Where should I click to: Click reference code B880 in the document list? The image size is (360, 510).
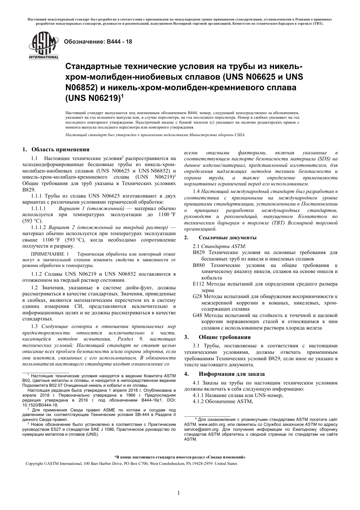[x=199, y=265]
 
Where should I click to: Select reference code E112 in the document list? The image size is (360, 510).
[x=199, y=284]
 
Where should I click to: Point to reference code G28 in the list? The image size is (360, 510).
[x=197, y=296]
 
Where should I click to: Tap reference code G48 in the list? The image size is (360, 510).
[x=197, y=315]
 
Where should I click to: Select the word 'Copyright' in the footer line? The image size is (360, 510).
[x=34, y=463]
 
